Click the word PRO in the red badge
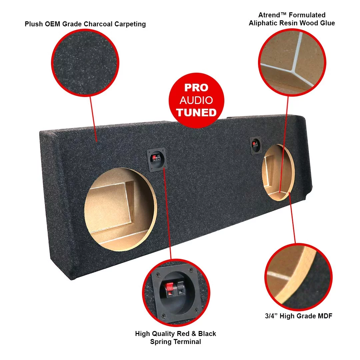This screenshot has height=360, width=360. pos(196,88)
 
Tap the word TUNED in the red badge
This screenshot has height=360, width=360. pos(196,112)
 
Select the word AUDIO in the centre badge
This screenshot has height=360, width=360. pos(196,100)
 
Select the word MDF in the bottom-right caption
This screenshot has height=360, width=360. pos(324,316)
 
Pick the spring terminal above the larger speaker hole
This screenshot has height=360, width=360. pos(156,160)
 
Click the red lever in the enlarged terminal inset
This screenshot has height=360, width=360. pos(170,289)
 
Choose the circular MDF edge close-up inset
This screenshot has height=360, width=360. pos(298,277)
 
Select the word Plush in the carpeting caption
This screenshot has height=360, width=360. pos(34,24)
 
